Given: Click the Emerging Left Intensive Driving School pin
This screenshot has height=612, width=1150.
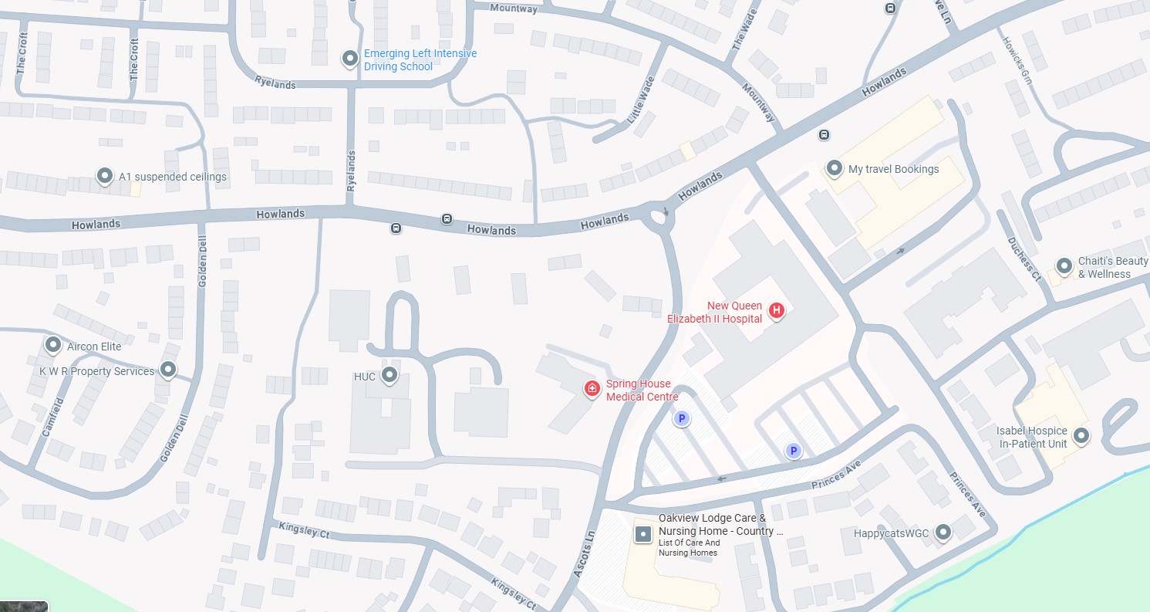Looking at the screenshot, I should [349, 58].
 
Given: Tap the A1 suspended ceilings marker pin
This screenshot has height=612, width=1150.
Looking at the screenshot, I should [104, 176].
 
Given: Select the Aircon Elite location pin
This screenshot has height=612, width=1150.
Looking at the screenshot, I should [53, 344].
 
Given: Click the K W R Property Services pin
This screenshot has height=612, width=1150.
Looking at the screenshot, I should [168, 370].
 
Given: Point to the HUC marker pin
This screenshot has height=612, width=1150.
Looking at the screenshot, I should [390, 375].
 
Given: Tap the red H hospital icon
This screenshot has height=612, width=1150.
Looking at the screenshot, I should [777, 310].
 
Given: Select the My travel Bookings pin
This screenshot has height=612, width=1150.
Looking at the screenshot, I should [834, 167].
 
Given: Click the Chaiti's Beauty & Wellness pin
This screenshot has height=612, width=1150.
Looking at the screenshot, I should [1064, 266].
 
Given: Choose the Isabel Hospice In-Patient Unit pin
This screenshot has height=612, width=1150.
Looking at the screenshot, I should [1081, 436].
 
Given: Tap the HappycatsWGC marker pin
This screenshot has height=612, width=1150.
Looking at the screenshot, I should [943, 532].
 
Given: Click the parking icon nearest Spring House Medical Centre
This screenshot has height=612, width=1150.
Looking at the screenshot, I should [681, 419].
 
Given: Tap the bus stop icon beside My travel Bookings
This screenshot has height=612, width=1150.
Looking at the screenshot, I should [824, 134].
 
